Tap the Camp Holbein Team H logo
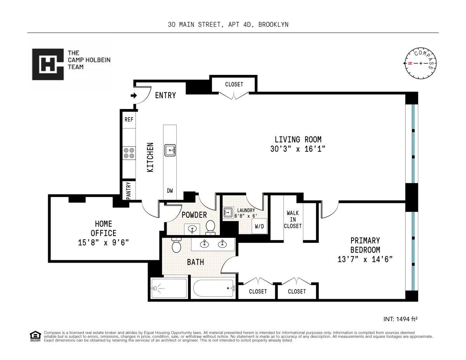(48, 64)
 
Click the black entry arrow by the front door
(134, 95)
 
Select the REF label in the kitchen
(129, 119)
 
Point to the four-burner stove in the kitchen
(129, 153)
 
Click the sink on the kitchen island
(170, 150)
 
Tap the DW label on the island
(170, 190)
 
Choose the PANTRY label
(129, 191)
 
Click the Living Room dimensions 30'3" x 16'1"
(298, 149)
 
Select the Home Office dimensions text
(103, 242)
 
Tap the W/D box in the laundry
(260, 226)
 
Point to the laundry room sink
(228, 212)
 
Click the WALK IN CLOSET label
(292, 220)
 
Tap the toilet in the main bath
(176, 245)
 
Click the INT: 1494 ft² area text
(400, 319)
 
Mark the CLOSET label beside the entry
(234, 84)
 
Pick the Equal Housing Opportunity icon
(35, 336)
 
